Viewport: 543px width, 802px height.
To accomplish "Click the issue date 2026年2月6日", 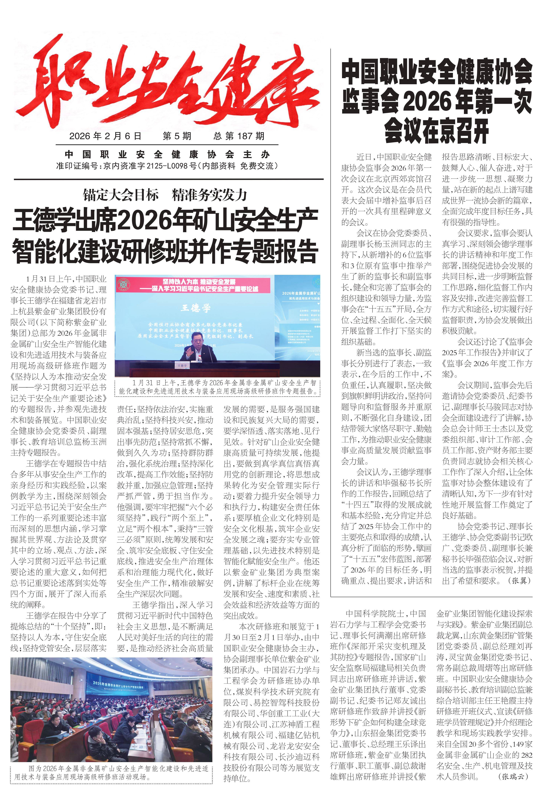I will tap(105, 136).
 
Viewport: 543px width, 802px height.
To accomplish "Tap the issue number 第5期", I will tap(177, 136).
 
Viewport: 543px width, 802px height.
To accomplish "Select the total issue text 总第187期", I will tap(239, 136).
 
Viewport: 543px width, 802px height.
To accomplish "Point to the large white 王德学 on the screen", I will tap(195, 308).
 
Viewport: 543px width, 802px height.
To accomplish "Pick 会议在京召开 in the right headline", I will tap(437, 130).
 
